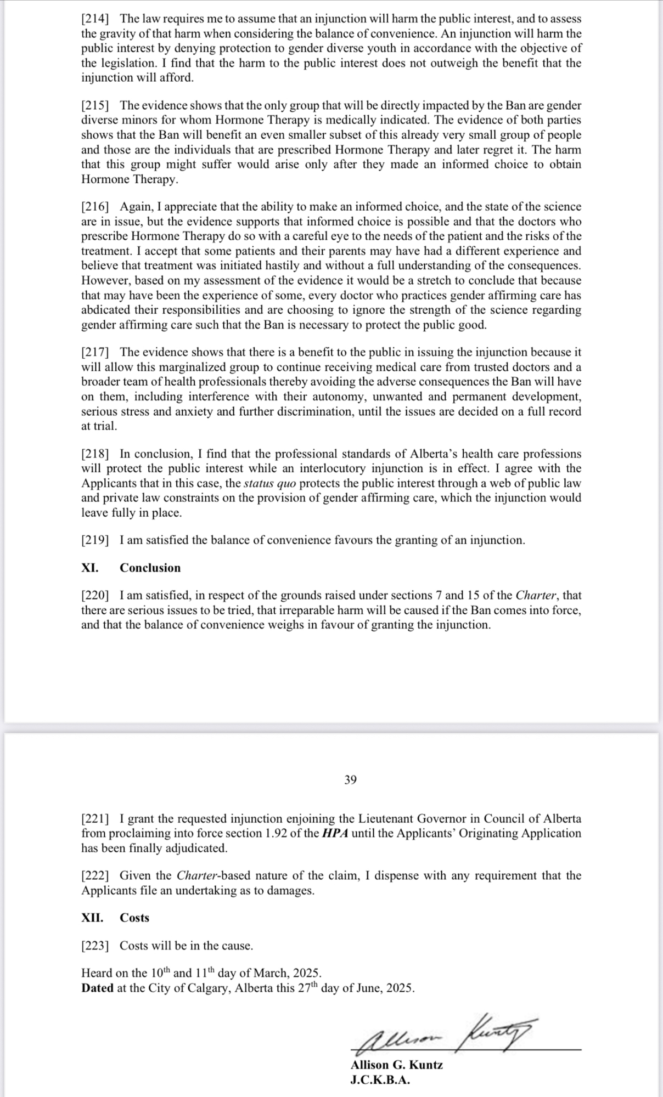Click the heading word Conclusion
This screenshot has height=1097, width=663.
tap(150, 568)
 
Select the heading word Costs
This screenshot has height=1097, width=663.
tap(134, 918)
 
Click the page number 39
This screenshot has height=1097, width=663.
tap(351, 780)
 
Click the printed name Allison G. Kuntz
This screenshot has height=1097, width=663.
tap(396, 1065)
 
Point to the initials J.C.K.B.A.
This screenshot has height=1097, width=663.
tap(380, 1080)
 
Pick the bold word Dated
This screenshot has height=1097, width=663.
tap(97, 988)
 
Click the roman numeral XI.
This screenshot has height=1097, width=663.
tap(90, 568)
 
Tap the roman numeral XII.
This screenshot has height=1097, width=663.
tap(92, 918)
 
